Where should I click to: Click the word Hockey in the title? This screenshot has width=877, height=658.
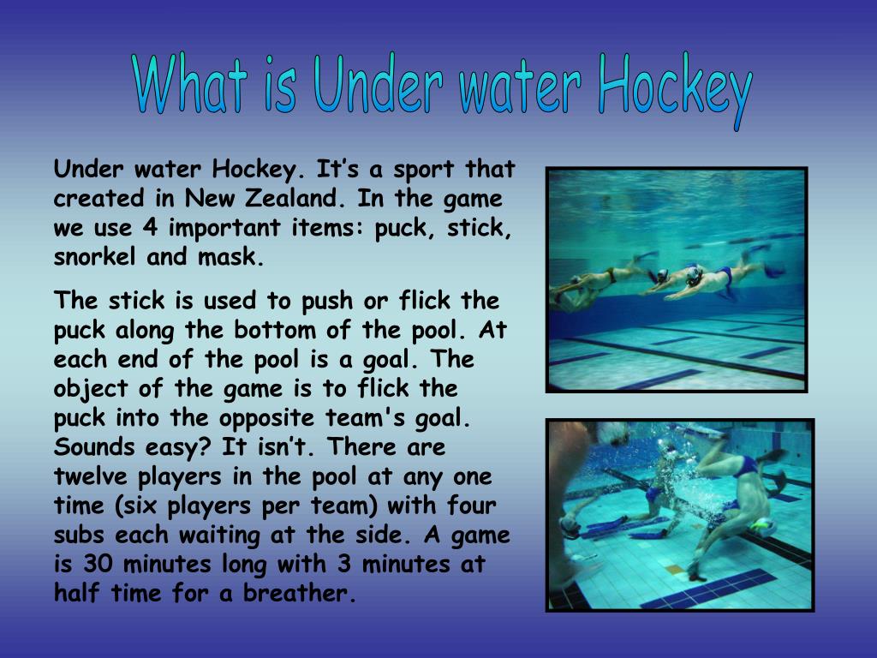coord(675,88)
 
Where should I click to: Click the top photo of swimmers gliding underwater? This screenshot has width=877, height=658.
coord(677,279)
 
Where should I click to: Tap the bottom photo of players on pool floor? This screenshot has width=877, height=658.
coord(680,514)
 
